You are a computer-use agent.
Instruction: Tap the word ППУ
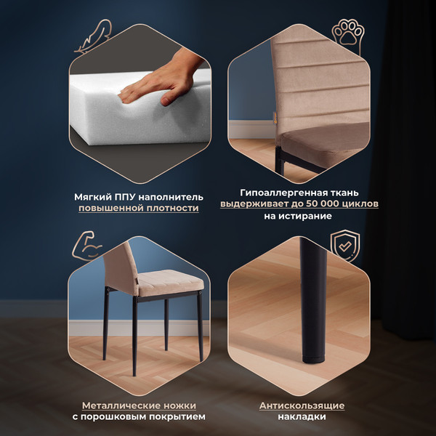coord(120,197)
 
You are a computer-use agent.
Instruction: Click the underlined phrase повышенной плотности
coord(139,209)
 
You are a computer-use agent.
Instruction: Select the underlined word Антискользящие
coord(302,405)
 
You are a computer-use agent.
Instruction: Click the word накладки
coord(302,417)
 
